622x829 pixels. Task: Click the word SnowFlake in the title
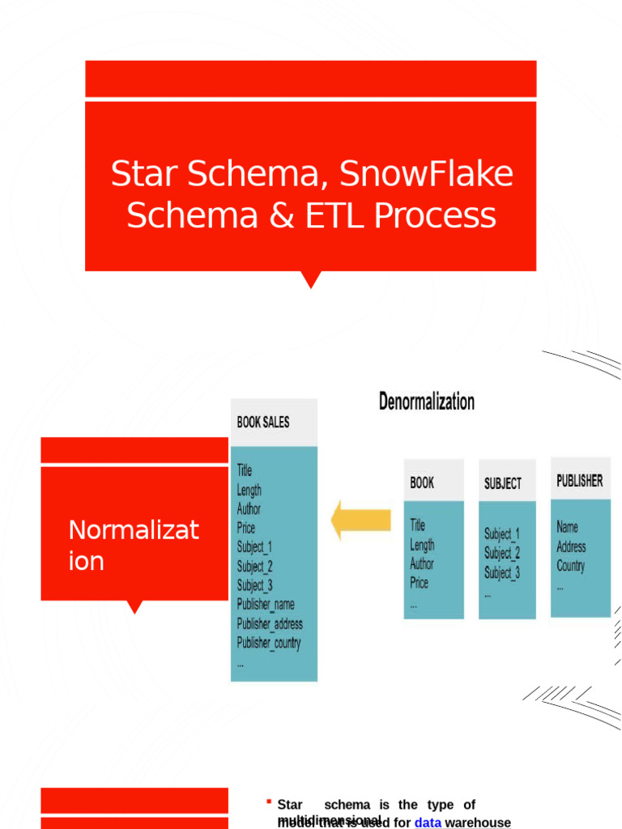point(427,174)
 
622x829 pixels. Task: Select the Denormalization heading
point(427,402)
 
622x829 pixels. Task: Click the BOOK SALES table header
point(263,422)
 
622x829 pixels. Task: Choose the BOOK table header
point(422,483)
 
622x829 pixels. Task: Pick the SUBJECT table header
point(503,483)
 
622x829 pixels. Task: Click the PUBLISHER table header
point(580,480)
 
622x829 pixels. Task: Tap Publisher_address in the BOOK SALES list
point(270,623)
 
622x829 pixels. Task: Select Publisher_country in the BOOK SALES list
point(269,643)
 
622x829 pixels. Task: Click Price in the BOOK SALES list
point(246,528)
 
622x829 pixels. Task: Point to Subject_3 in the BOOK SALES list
point(255,585)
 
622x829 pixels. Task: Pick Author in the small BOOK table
point(422,563)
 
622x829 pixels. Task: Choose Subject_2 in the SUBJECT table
point(502,553)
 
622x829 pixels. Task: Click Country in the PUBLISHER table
point(571,566)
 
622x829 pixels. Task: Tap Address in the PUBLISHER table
point(571,546)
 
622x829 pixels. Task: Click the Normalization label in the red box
point(134,545)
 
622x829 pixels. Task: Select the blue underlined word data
point(428,823)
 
